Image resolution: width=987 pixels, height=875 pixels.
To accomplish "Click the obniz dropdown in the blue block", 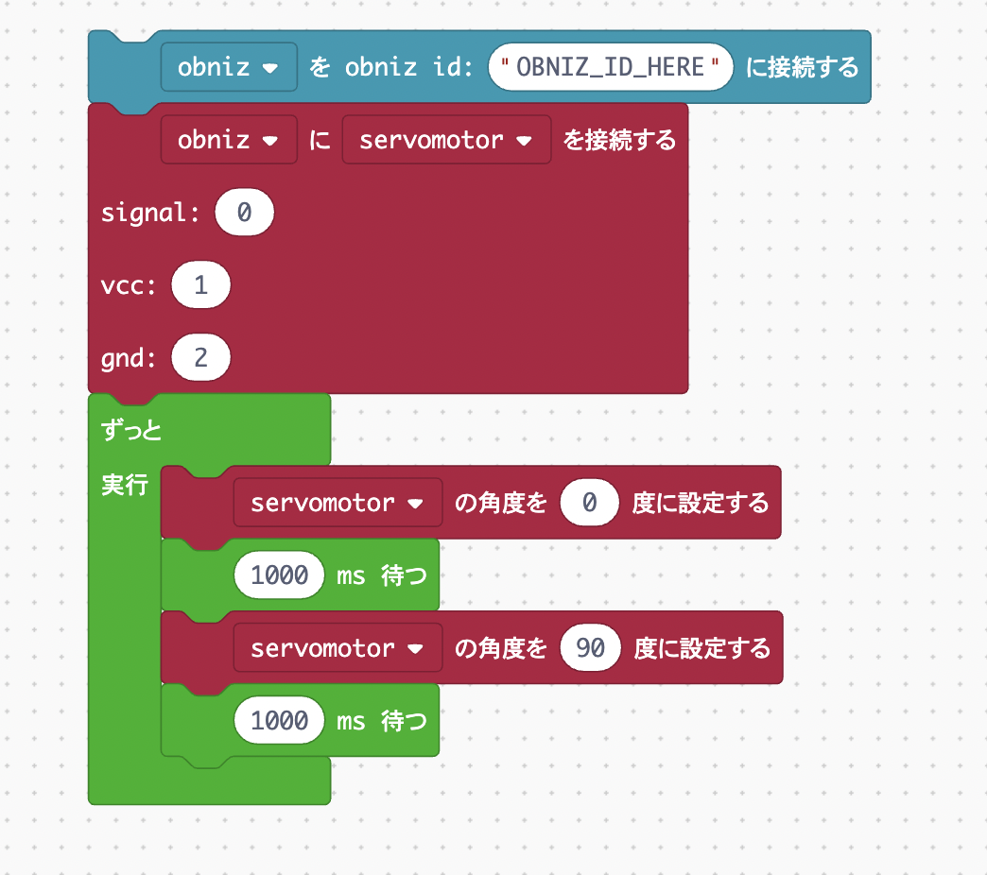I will click(x=229, y=68).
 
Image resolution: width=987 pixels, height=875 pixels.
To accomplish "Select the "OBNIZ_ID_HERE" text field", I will click(x=611, y=68).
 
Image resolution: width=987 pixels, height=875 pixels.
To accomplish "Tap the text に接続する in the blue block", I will click(x=802, y=68).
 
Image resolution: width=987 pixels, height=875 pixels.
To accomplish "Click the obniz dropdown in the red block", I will click(x=229, y=140).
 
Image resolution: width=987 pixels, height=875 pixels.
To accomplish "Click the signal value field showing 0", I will click(x=244, y=213).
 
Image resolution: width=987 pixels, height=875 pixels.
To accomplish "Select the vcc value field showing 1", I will click(x=200, y=285).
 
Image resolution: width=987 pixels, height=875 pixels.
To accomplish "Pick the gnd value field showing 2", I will click(x=200, y=358).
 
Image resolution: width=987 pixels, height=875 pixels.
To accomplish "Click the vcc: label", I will click(x=130, y=285).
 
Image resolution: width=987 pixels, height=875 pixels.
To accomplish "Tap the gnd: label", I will click(x=130, y=358).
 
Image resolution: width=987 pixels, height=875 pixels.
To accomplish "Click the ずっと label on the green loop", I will click(x=131, y=431).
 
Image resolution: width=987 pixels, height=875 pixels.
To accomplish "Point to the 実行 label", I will click(x=124, y=486).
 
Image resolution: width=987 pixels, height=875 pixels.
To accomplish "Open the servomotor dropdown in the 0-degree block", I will click(x=338, y=503).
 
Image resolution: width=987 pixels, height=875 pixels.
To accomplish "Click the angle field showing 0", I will click(x=589, y=503).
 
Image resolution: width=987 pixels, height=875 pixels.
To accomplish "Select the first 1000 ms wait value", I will click(x=280, y=575).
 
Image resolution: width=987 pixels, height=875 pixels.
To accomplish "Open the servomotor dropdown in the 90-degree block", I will click(x=338, y=648).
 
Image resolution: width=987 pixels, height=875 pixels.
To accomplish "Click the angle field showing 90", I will click(x=590, y=648).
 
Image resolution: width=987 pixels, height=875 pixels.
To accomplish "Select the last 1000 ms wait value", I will click(x=280, y=721).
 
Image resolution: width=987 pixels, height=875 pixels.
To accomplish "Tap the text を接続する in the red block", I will click(x=620, y=140).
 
